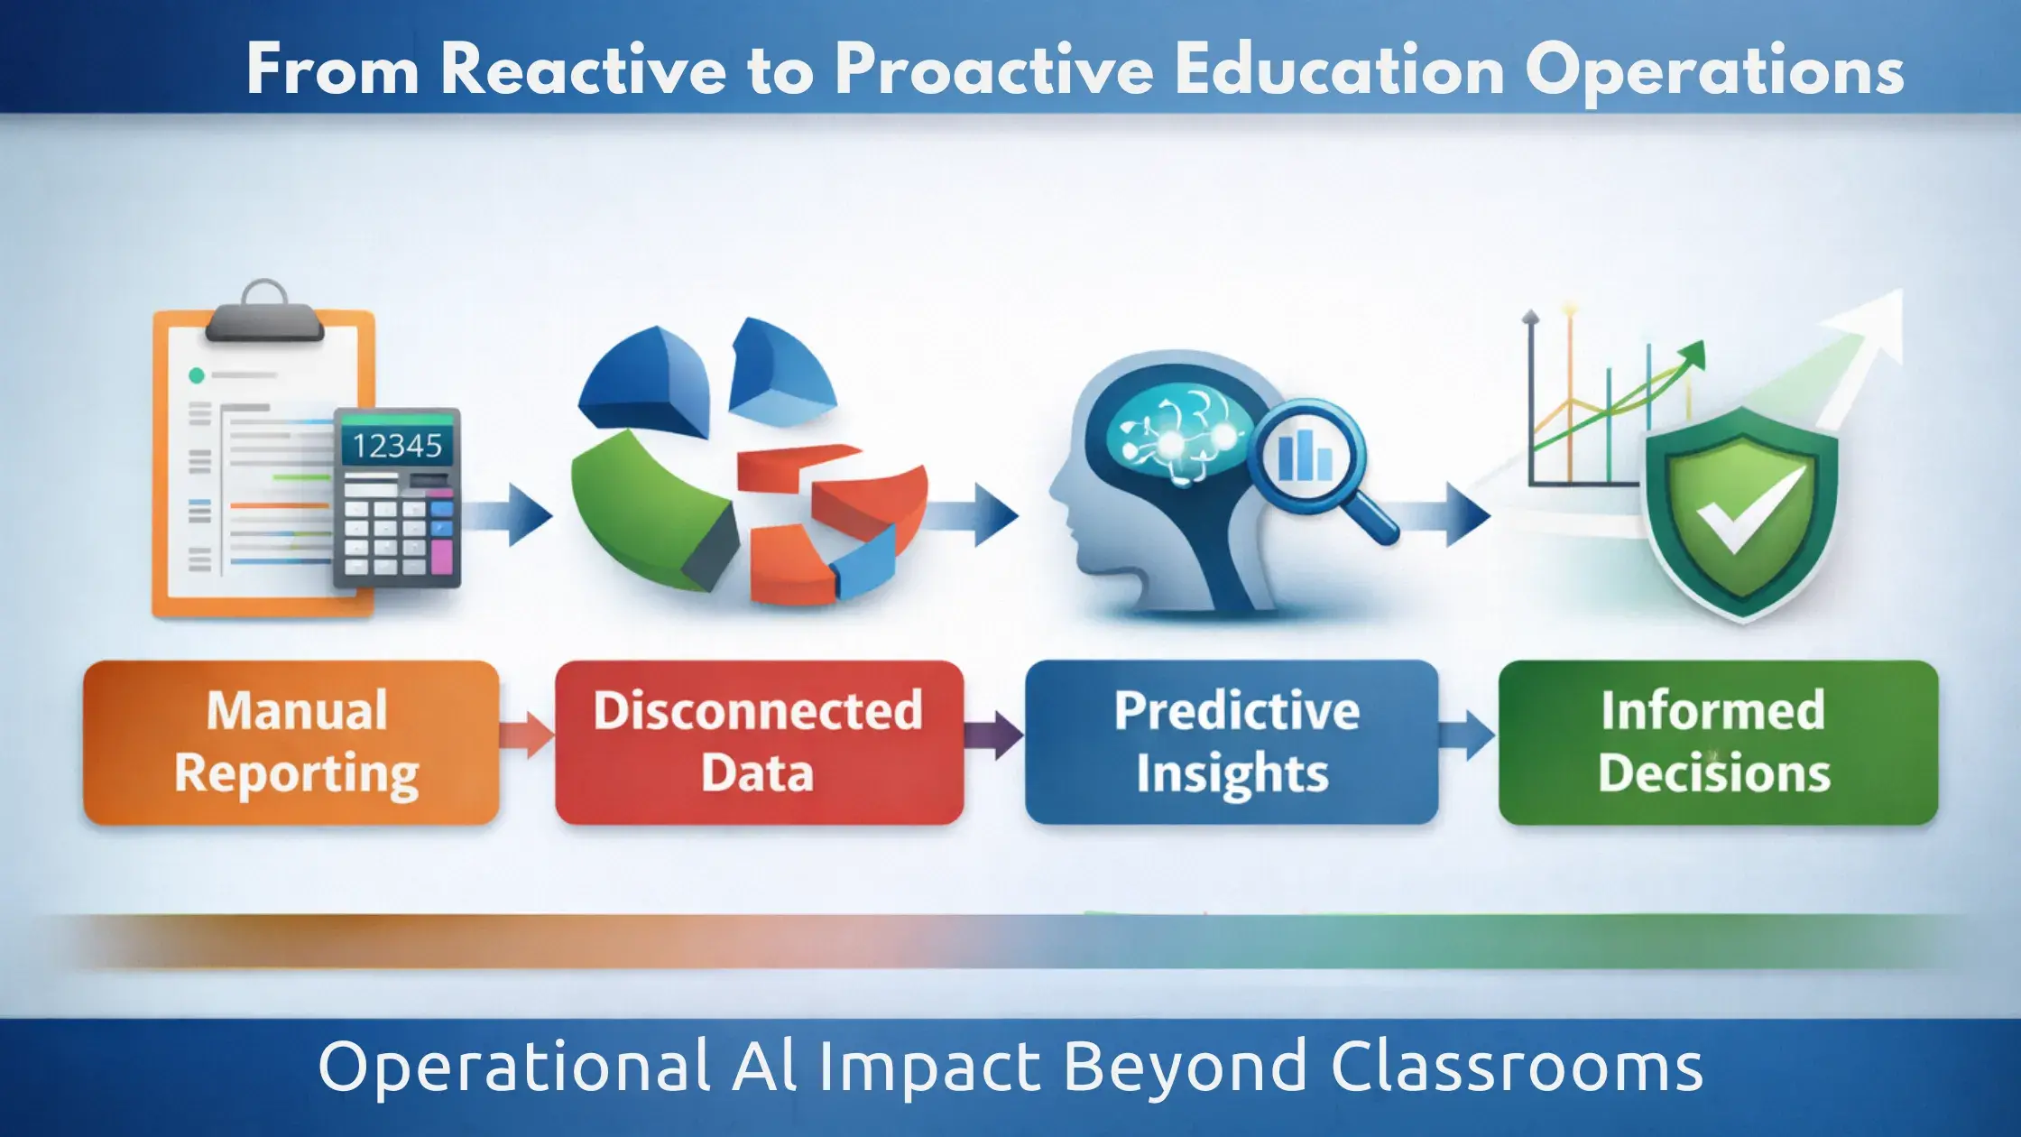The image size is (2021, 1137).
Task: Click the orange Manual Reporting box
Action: [291, 742]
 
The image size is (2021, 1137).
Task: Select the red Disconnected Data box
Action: [759, 742]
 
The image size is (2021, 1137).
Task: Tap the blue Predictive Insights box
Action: [1232, 742]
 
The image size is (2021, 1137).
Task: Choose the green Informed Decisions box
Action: [1718, 742]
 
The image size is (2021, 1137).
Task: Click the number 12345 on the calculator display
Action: [397, 446]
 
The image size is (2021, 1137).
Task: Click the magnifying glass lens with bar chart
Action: [1306, 456]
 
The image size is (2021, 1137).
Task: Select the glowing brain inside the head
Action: [1177, 433]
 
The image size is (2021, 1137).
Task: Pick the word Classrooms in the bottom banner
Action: [1517, 1068]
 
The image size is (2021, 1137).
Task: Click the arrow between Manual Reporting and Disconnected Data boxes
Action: [527, 735]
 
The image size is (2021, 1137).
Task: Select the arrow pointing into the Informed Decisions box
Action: [1467, 735]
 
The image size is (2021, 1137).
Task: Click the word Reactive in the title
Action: [583, 70]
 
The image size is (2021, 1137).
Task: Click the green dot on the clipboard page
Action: [196, 375]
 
